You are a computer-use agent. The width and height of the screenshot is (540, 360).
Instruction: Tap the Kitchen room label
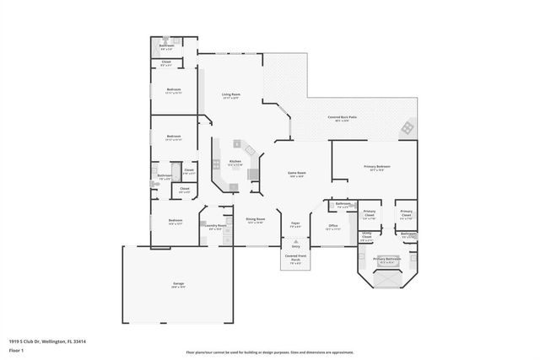click(235, 162)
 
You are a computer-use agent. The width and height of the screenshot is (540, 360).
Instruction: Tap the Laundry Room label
click(214, 226)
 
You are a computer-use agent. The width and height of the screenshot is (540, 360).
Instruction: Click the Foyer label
click(295, 225)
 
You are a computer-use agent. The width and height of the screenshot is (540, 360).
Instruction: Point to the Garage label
click(179, 284)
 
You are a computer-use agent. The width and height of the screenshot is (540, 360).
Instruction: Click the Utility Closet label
click(367, 236)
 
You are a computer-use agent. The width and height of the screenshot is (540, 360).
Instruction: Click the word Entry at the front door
click(295, 246)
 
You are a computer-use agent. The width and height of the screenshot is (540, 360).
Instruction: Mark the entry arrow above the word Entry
click(295, 241)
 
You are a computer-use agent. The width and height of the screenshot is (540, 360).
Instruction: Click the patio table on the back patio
click(408, 127)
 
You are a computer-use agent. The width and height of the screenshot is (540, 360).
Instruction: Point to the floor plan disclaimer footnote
click(269, 351)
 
